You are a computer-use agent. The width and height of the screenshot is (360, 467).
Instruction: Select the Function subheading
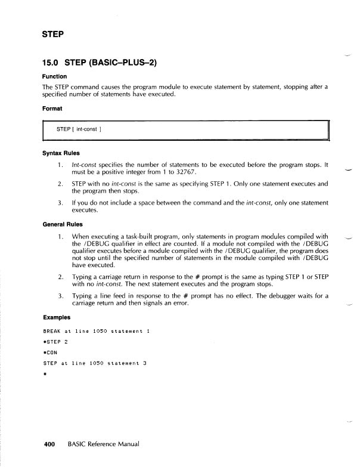click(x=54, y=76)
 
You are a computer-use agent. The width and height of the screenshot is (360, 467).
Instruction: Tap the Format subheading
click(x=52, y=108)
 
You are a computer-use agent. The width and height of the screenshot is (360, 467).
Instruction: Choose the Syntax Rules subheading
click(x=61, y=152)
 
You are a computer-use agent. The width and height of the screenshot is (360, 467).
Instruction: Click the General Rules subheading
click(x=63, y=226)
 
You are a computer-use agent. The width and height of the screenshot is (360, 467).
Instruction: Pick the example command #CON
click(x=52, y=351)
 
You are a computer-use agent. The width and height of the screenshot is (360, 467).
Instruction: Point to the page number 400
click(x=49, y=444)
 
